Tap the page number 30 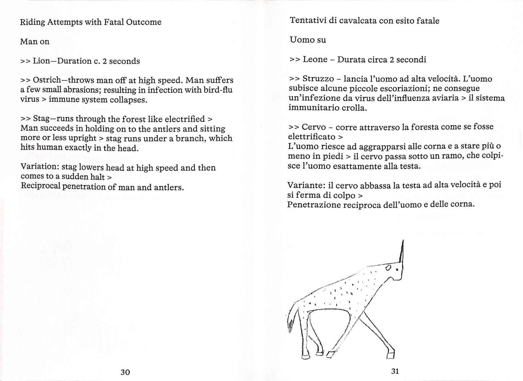click(x=125, y=372)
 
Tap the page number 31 click(x=395, y=371)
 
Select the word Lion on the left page click(x=42, y=61)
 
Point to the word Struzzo click(x=318, y=79)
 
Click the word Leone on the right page click(x=315, y=59)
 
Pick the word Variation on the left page click(x=39, y=167)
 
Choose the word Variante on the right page click(x=306, y=185)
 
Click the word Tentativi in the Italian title click(x=308, y=21)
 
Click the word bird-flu click(x=218, y=90)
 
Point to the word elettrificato click(x=312, y=137)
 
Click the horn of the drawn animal click(x=401, y=252)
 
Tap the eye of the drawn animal click(x=388, y=268)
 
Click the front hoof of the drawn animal click(x=390, y=355)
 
